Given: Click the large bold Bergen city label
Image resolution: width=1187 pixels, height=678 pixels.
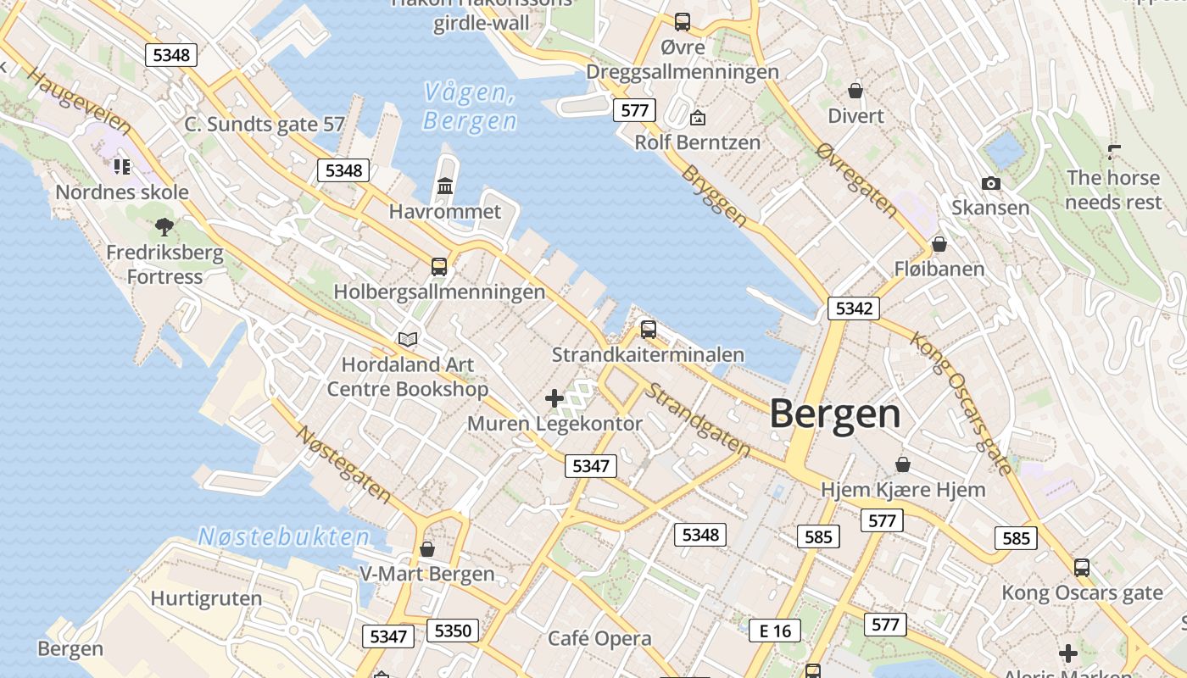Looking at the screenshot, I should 835,414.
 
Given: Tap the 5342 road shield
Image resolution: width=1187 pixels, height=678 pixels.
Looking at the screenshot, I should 853,308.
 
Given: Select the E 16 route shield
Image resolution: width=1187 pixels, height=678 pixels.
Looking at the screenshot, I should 775,631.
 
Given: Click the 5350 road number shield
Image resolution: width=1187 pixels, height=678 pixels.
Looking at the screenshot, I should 452,631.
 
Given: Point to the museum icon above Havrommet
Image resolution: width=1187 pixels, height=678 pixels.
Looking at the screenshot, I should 445,185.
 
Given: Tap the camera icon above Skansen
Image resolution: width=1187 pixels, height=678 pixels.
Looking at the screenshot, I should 990,183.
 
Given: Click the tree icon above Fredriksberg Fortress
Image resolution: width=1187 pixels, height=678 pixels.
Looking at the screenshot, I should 164,226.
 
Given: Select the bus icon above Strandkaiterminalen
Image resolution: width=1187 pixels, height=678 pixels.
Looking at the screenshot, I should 649,329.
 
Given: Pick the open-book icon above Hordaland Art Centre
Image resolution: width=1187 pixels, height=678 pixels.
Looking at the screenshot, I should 408,339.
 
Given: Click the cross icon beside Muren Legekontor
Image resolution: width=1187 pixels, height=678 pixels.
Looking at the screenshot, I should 554,397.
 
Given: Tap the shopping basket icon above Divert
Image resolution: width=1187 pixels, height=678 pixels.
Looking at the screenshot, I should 855,90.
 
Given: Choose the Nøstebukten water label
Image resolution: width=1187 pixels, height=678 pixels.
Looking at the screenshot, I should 284,536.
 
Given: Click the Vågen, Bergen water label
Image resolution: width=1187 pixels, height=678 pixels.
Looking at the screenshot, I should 470,107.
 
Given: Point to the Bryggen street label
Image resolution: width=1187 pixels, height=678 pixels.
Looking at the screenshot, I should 714,196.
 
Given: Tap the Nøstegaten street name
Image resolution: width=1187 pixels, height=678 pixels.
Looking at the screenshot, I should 343,464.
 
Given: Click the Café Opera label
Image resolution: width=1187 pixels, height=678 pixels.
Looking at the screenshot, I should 599,638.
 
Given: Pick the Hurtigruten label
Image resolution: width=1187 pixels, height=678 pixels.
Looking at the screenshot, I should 206,598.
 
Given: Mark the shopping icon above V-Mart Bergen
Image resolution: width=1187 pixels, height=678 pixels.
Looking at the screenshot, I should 427,549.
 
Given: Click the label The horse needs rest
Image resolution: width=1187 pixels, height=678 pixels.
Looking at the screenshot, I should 1113,190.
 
